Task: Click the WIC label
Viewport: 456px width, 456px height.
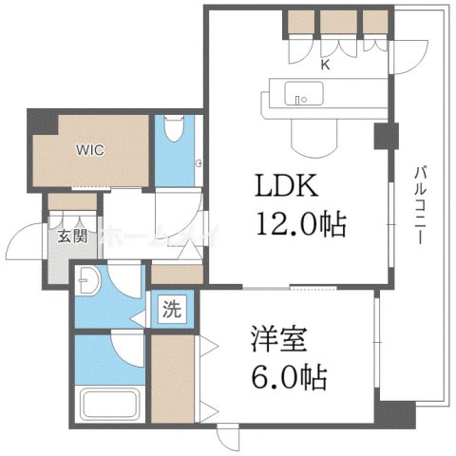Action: click(92, 148)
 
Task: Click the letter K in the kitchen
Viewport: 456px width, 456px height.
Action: click(325, 65)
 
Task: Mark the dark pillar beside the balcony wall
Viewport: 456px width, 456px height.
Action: click(383, 137)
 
